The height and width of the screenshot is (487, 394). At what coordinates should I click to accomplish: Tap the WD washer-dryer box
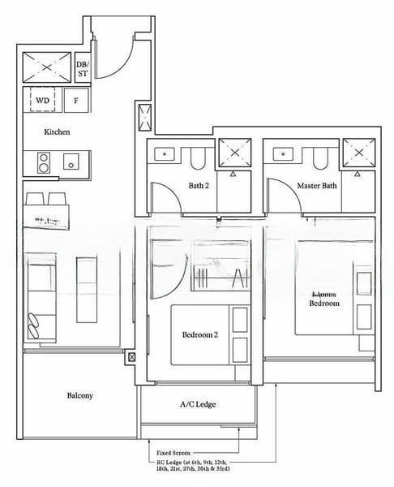click(41, 101)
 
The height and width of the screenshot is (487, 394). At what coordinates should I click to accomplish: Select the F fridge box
click(76, 101)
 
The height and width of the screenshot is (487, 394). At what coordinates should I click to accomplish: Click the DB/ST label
click(82, 68)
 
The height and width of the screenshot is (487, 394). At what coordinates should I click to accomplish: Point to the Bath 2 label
click(199, 186)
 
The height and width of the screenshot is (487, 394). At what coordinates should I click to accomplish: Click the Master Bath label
click(316, 186)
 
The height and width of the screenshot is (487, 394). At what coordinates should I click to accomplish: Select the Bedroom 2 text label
click(199, 334)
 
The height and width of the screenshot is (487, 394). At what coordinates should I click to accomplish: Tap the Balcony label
click(79, 395)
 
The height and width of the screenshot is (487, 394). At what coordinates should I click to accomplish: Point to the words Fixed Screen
click(178, 454)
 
